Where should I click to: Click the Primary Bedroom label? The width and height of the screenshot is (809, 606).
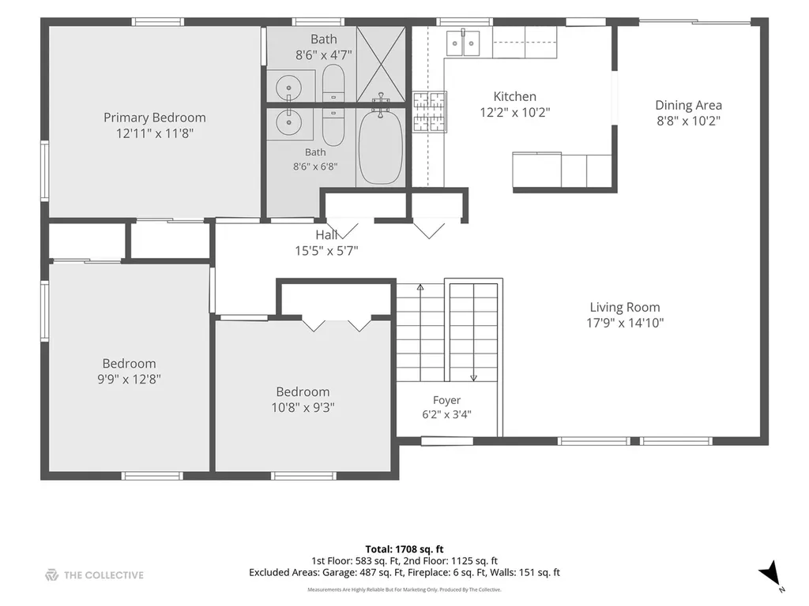(x=155, y=118)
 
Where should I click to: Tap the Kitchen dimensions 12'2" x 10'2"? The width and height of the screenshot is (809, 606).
(x=515, y=112)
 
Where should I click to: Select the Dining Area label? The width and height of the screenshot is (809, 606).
(x=688, y=105)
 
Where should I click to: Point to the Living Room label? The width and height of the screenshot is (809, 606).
(x=625, y=308)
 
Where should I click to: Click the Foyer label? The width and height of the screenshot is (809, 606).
(x=447, y=400)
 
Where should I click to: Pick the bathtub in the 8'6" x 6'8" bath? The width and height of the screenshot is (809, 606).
(x=381, y=147)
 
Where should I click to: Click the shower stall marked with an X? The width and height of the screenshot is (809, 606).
(x=382, y=63)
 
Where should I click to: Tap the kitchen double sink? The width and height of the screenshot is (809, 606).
(x=463, y=43)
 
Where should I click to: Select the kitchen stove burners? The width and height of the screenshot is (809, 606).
(x=429, y=111)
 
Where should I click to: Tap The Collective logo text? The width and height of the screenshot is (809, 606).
(x=103, y=575)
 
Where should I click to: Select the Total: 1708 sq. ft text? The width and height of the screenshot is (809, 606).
(x=404, y=549)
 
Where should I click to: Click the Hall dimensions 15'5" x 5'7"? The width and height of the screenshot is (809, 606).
(x=326, y=251)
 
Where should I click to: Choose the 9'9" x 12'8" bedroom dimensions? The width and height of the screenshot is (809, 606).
(x=129, y=380)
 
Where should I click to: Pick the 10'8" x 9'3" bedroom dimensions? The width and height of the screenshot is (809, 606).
(x=303, y=408)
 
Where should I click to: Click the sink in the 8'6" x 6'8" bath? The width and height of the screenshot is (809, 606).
(x=288, y=122)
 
